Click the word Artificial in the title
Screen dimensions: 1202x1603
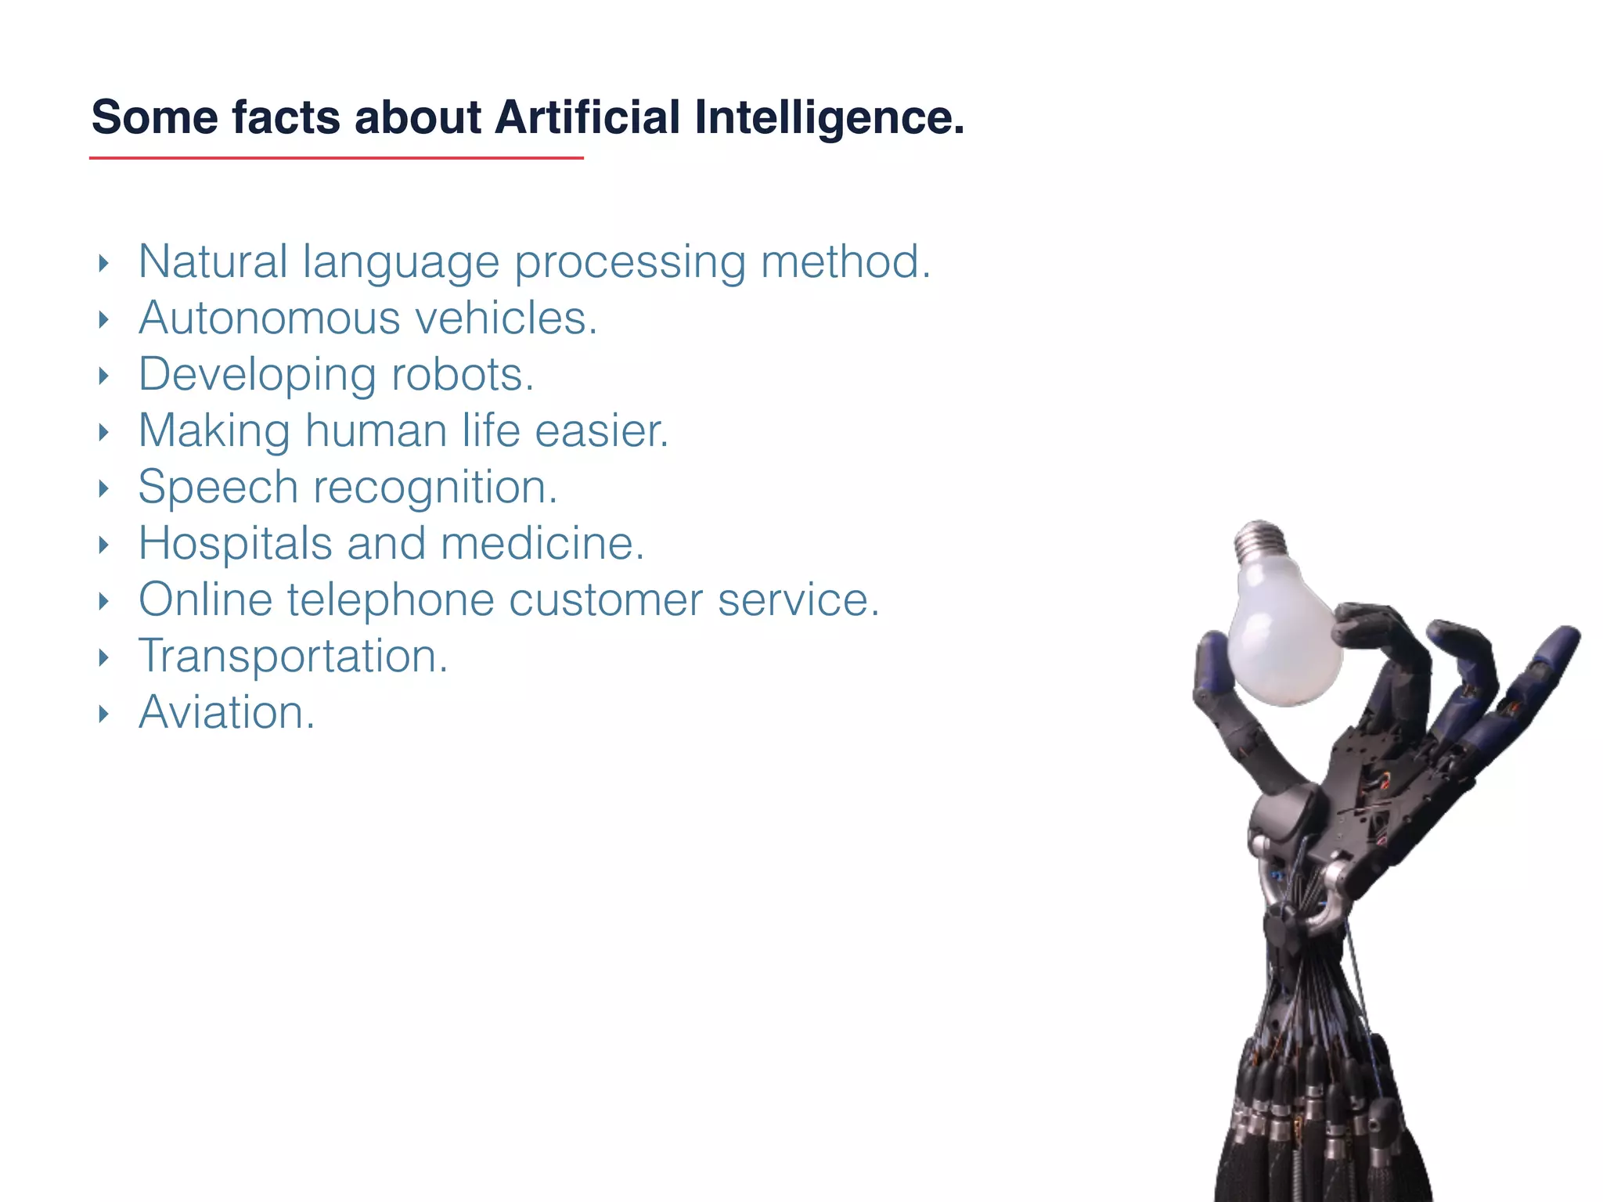click(x=587, y=117)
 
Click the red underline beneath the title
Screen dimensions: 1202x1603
click(x=337, y=158)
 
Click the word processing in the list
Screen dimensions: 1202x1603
click(x=629, y=263)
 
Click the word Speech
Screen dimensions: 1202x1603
click(x=218, y=488)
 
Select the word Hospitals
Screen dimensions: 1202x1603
click(x=235, y=544)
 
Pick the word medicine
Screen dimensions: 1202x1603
click(x=542, y=544)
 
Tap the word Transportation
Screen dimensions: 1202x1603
click(x=293, y=657)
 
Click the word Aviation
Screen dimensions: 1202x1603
click(x=226, y=713)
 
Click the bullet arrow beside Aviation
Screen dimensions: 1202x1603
click(x=103, y=714)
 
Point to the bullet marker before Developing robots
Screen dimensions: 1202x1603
click(x=103, y=376)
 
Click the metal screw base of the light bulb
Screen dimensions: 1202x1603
click(x=1260, y=539)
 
